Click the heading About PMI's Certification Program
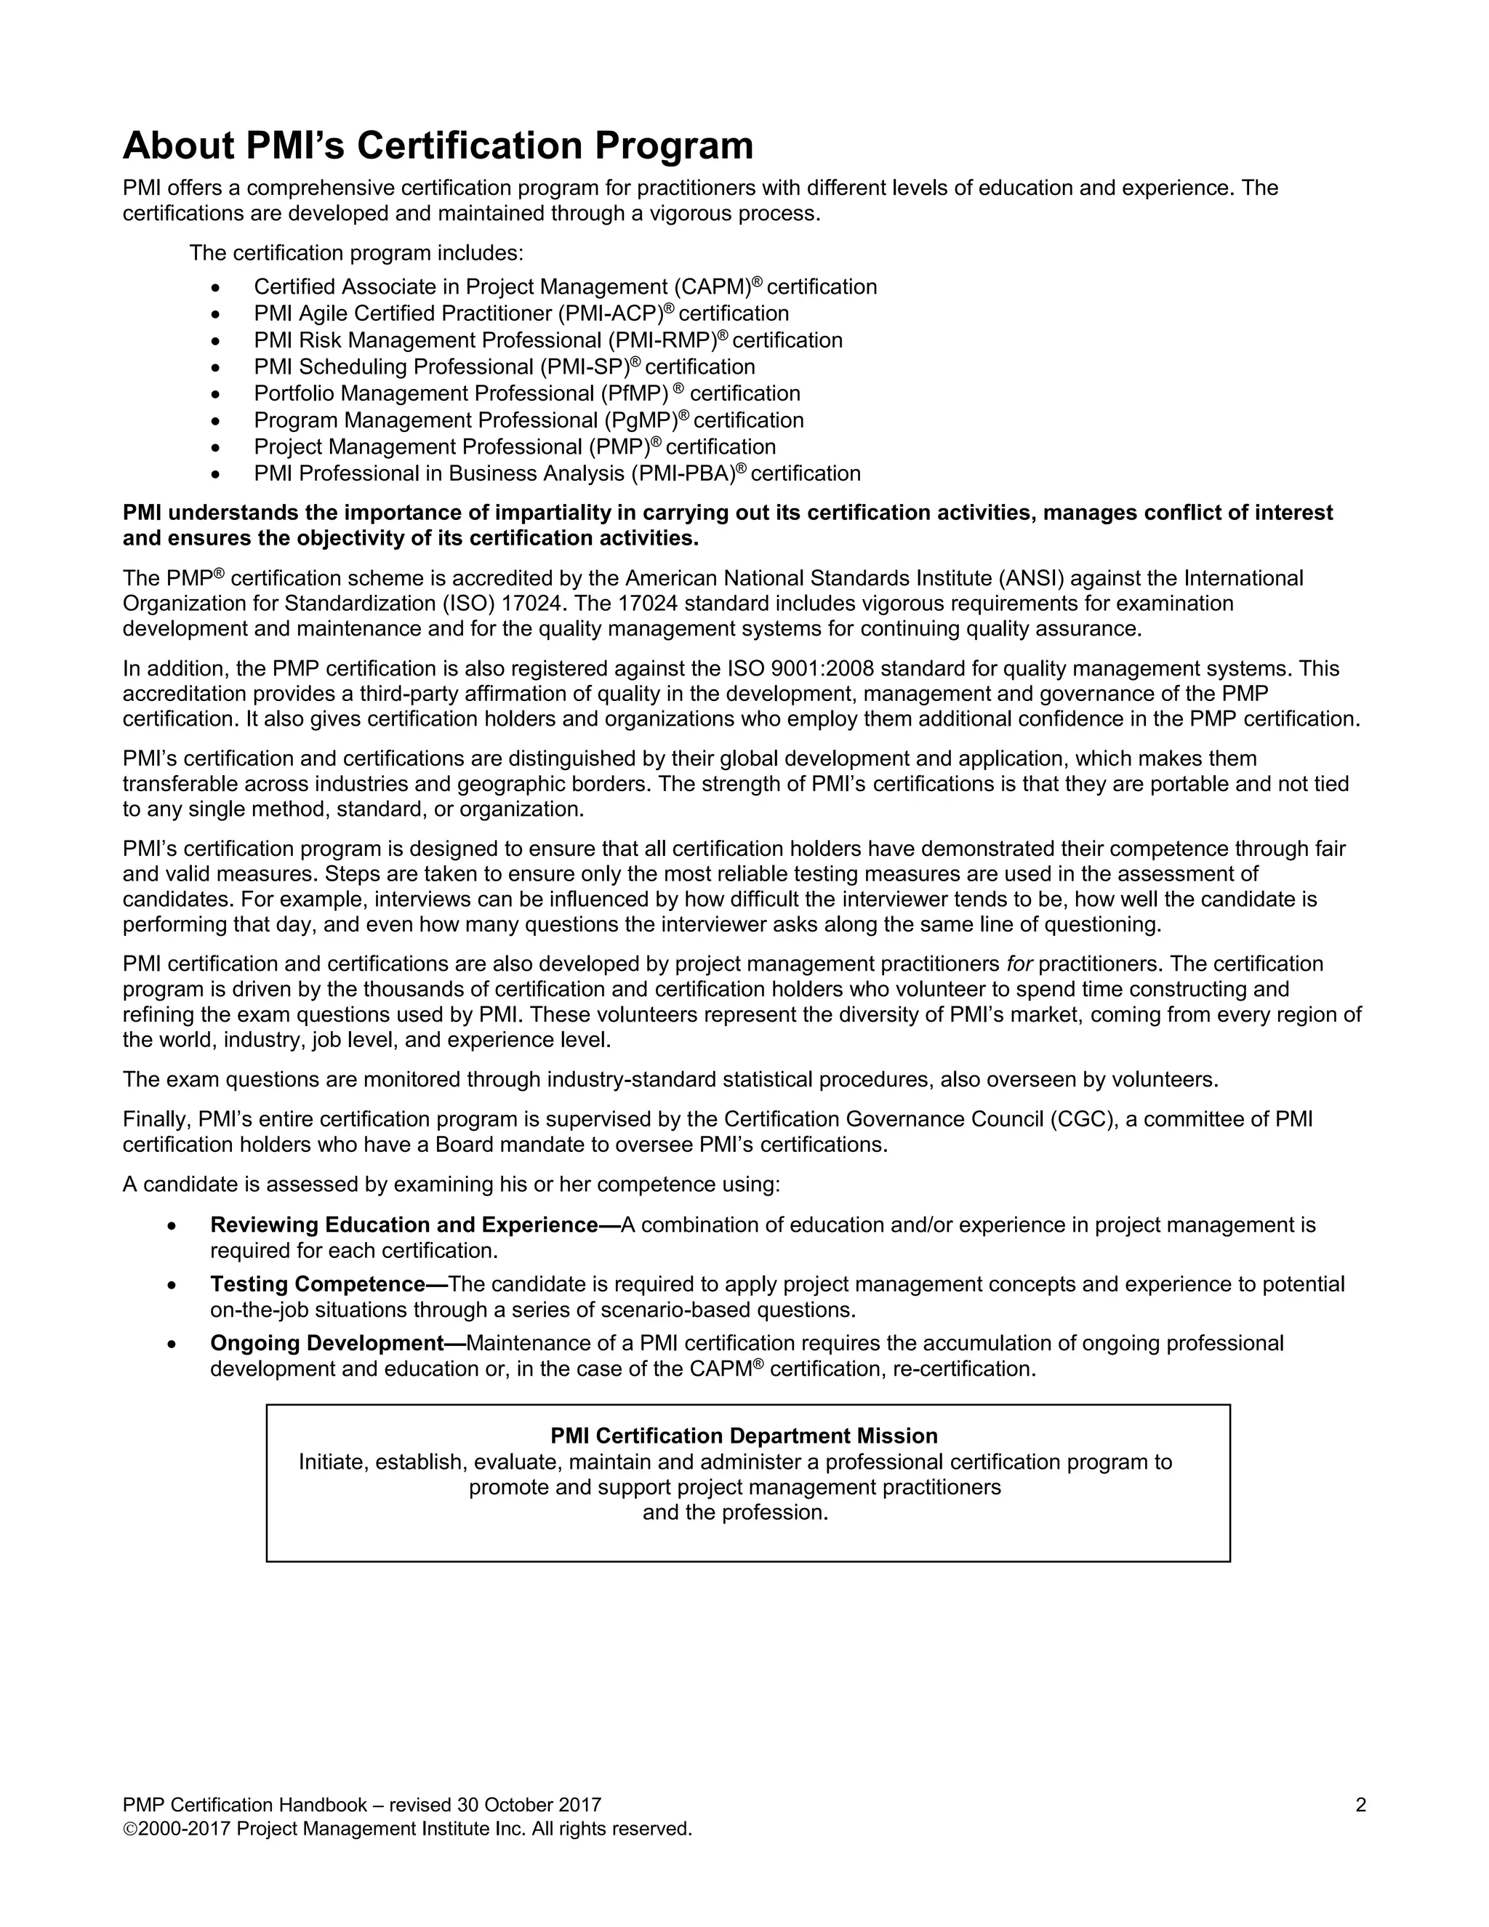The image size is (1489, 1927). (438, 146)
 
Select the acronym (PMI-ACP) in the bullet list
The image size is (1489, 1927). (609, 314)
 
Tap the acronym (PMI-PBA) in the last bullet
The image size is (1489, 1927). (683, 474)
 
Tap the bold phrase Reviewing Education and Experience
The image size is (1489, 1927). (414, 1225)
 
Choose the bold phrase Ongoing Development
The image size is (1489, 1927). (337, 1344)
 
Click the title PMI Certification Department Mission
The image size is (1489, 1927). (744, 1436)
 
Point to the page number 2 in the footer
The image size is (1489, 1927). (1360, 1806)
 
